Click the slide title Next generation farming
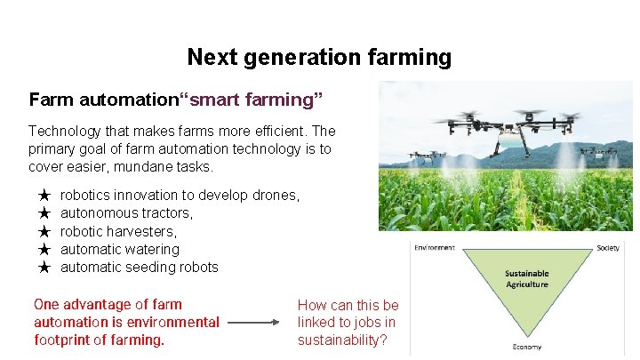pyautogui.click(x=319, y=58)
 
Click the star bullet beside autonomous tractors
pyautogui.click(x=44, y=213)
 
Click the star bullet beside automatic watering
pyautogui.click(x=44, y=250)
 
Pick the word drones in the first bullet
pyautogui.click(x=276, y=195)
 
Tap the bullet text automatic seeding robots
pyautogui.click(x=139, y=268)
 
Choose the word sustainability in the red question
pyautogui.click(x=342, y=340)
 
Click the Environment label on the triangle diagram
pyautogui.click(x=434, y=248)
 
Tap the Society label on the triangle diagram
pyautogui.click(x=609, y=248)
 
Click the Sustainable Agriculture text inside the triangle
pyautogui.click(x=526, y=279)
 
